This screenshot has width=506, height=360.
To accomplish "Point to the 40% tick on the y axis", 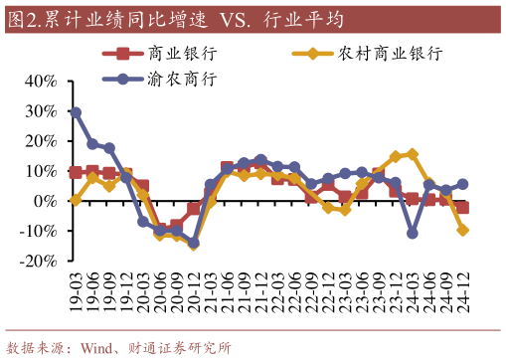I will [38, 81].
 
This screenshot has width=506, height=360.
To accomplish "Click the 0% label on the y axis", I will [43, 201].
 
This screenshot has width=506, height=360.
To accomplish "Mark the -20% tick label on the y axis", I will [36, 261].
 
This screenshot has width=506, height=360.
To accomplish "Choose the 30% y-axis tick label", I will [38, 111].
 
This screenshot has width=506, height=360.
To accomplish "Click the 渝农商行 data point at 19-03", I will [76, 112].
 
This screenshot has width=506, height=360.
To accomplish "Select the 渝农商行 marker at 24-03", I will [412, 233].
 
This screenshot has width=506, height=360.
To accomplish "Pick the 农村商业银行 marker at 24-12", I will [462, 230].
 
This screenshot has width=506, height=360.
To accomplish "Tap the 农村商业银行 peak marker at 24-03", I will [412, 154].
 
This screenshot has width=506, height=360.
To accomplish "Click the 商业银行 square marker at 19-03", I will [76, 172].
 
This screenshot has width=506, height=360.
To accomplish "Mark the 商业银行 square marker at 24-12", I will [462, 207].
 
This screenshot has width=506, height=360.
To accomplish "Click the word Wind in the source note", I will [100, 348].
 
